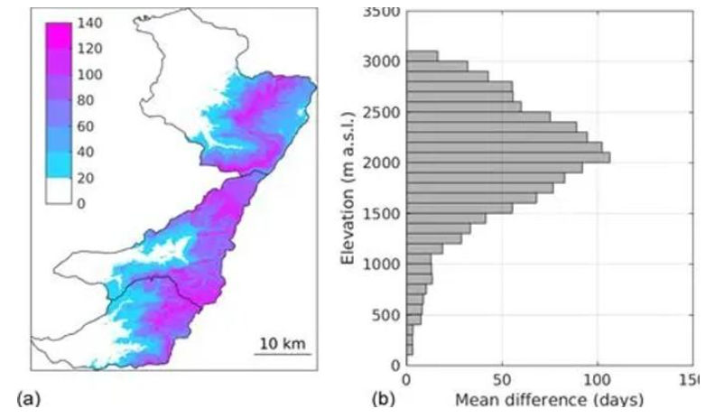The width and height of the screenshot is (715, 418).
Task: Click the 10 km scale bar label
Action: point(282,343)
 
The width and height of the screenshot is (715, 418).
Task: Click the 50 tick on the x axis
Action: point(502,380)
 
